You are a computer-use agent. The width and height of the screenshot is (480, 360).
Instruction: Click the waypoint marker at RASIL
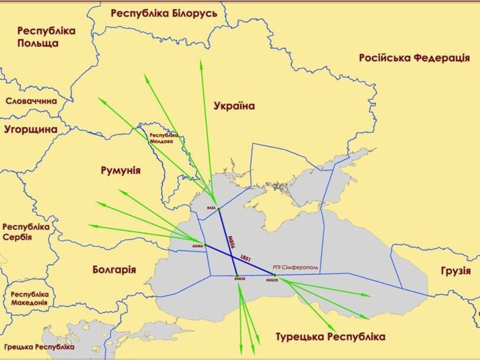click(x=219, y=209)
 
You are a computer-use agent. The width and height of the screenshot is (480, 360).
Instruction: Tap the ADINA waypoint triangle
click(x=206, y=246)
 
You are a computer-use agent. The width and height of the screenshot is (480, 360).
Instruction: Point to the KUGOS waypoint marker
click(x=275, y=275)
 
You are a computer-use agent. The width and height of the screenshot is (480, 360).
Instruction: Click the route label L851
click(x=246, y=258)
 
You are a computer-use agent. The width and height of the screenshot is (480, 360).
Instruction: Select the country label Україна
click(x=234, y=106)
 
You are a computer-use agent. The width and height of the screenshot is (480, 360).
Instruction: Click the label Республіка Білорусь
click(x=164, y=14)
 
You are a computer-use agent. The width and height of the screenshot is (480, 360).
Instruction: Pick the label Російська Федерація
click(x=414, y=58)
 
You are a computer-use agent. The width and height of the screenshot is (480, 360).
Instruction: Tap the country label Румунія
click(x=120, y=170)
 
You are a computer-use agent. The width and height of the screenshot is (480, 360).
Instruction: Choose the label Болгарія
click(x=114, y=270)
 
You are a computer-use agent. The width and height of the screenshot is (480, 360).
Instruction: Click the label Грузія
click(x=456, y=271)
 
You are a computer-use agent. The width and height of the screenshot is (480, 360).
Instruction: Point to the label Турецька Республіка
click(x=330, y=337)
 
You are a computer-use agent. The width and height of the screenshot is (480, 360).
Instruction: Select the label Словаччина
click(x=31, y=101)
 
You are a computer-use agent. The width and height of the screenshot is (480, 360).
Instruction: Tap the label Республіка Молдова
click(x=164, y=138)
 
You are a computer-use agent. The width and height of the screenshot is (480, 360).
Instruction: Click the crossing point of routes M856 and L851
click(x=232, y=256)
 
